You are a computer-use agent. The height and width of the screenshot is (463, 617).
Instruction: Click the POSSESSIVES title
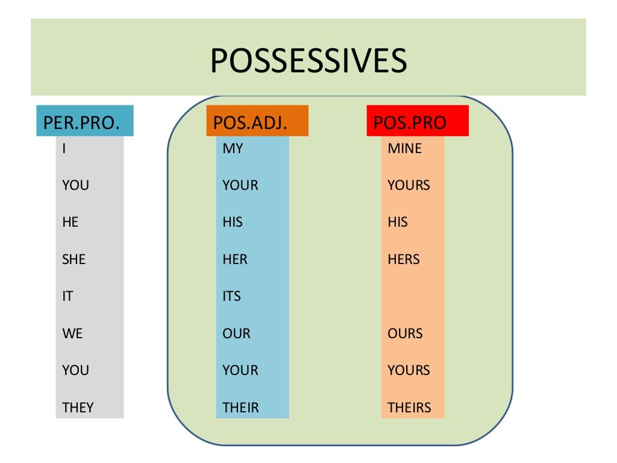[308, 60]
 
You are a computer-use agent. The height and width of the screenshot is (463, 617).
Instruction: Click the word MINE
[405, 148]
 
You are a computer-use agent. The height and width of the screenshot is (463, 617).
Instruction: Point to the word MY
[233, 148]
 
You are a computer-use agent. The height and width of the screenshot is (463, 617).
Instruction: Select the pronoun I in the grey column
[64, 148]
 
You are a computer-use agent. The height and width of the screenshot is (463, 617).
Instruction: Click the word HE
[70, 222]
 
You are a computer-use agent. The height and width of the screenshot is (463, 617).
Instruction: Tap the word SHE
[74, 260]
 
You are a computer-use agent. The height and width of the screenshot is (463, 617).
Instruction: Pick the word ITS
[231, 297]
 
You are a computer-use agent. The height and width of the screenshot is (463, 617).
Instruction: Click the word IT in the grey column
[67, 297]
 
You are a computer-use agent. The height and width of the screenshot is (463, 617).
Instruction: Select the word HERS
[404, 260]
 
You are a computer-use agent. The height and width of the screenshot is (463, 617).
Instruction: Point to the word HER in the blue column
[235, 260]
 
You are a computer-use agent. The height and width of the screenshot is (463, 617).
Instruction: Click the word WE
[72, 333]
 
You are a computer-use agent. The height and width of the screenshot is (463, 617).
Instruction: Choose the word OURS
[405, 333]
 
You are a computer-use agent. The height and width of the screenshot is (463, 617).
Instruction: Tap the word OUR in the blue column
[236, 333]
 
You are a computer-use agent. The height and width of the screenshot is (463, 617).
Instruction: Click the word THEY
[78, 408]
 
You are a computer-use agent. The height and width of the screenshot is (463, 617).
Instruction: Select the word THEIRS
[410, 408]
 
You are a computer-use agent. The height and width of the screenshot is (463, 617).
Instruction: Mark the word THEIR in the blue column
[240, 408]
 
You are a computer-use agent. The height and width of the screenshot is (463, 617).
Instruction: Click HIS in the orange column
[398, 222]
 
